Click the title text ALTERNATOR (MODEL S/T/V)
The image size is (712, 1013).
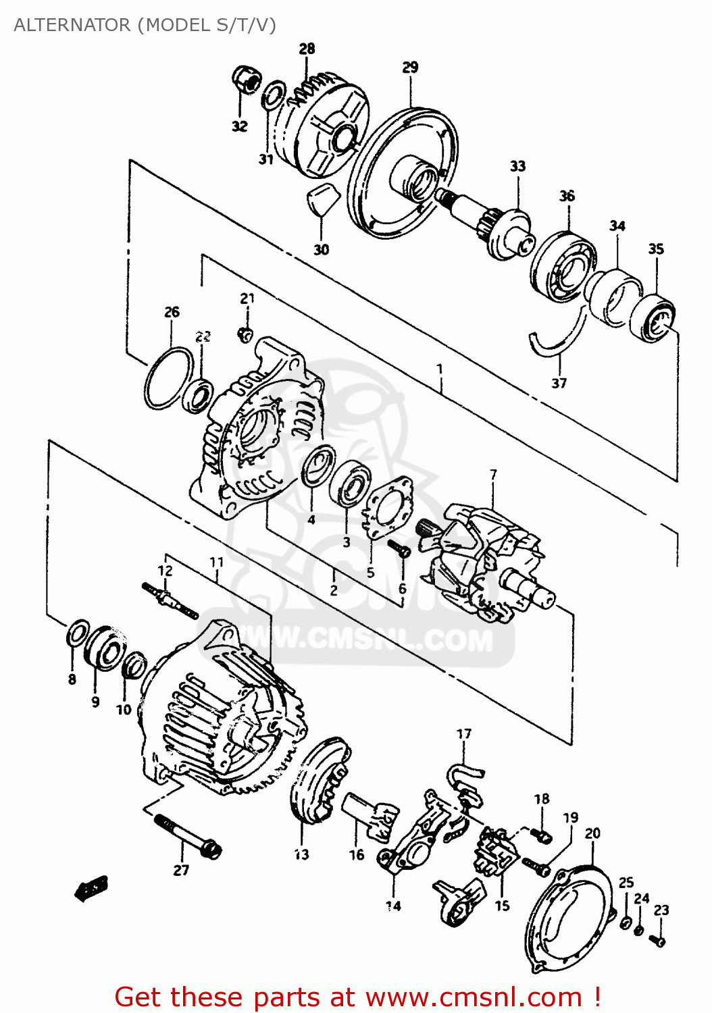coord(145,25)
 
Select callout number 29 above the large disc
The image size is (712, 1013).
coord(410,67)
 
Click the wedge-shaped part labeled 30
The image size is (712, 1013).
coord(319,199)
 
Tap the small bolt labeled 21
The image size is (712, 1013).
coord(247,332)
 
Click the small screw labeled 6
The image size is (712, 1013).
coord(400,549)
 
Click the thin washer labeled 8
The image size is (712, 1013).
coord(77,634)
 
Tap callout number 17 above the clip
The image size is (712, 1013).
coord(463,733)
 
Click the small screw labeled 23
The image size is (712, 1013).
coord(657,939)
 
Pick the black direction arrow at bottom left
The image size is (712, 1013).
coord(91,889)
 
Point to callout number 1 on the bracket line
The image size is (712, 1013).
coord(440,369)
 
